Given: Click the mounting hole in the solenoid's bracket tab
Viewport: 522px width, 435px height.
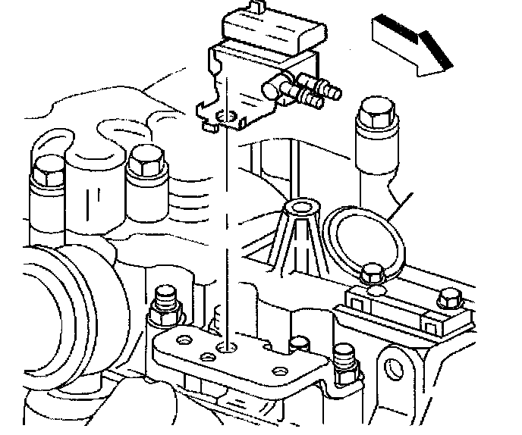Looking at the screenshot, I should [x=222, y=117].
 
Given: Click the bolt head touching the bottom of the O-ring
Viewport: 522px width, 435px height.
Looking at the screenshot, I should [x=372, y=274].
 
